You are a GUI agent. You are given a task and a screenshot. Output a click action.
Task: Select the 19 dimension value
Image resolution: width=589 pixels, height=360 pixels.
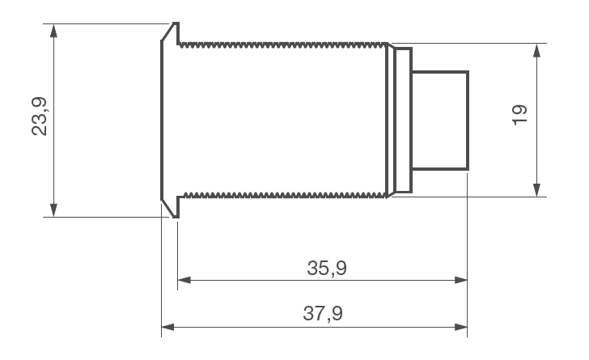tap(520, 113)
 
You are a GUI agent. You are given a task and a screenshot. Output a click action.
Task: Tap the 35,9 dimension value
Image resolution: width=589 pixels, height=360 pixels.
tap(327, 268)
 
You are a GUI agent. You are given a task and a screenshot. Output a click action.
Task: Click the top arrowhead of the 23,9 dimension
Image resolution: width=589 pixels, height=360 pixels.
tap(53, 29)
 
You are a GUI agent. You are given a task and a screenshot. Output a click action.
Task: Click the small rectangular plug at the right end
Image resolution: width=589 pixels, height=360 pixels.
tap(440, 121)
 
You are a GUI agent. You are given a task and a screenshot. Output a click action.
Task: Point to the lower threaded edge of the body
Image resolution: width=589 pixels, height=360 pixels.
tap(283, 194)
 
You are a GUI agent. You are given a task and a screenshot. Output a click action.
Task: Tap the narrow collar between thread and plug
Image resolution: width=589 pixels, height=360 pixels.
tap(400, 121)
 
